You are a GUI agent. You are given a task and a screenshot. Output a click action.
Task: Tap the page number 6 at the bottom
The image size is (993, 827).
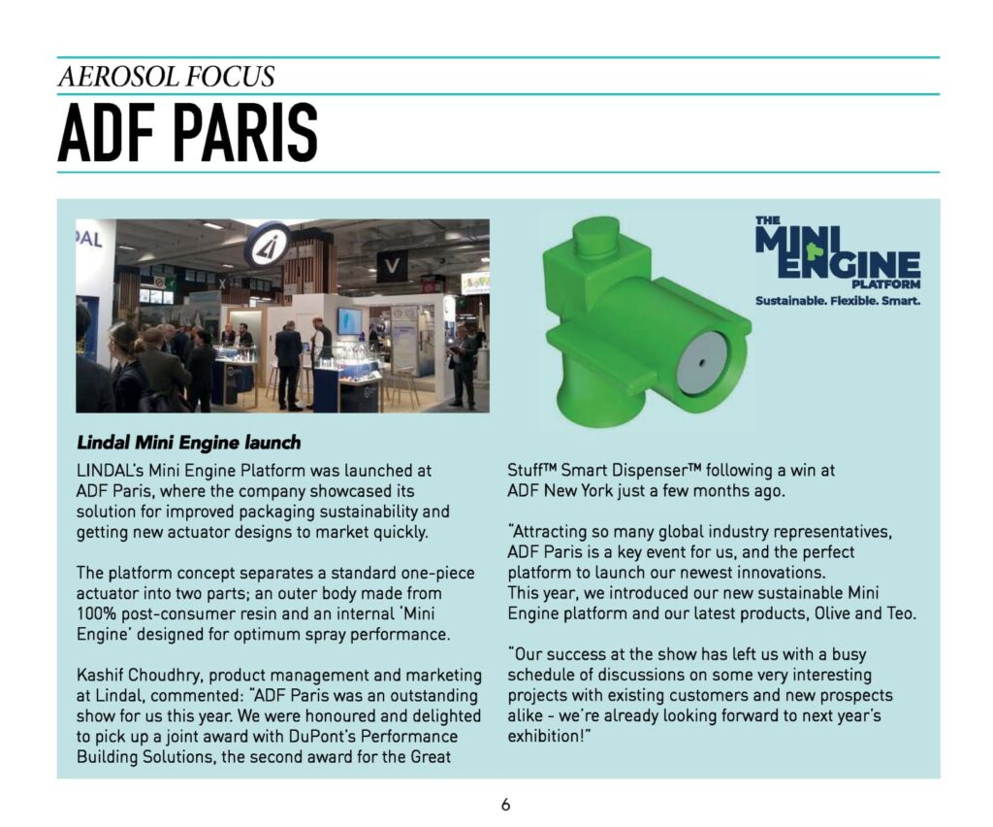[x=505, y=804]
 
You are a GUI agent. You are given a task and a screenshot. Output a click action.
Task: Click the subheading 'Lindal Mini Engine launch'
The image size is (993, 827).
[x=188, y=443]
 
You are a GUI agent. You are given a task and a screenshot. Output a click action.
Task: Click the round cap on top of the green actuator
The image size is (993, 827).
[x=594, y=237]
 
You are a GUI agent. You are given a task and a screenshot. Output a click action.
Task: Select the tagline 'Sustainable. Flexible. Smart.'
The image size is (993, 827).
[x=837, y=301]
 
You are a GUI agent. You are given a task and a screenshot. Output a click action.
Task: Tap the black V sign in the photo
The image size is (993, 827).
[x=391, y=265]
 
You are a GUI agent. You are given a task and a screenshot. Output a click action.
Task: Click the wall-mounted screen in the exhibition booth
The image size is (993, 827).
[x=350, y=320]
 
